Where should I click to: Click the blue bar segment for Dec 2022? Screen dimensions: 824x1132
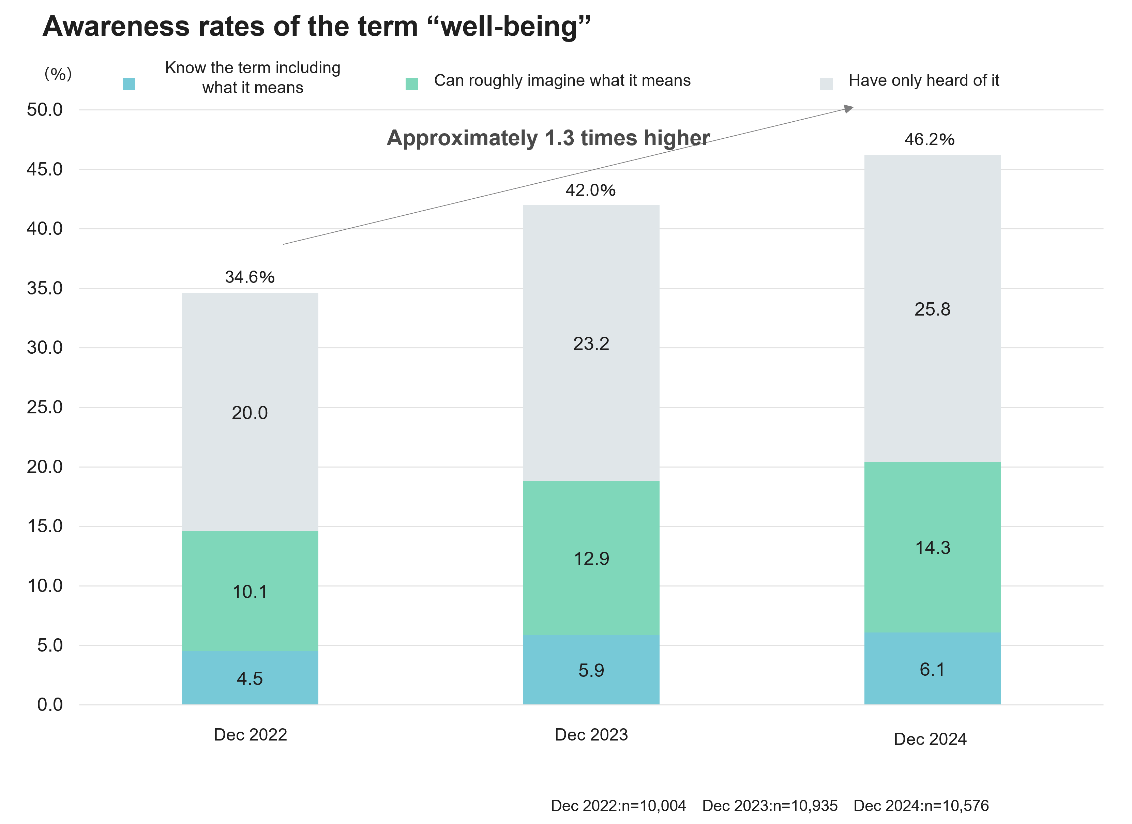click(x=250, y=678)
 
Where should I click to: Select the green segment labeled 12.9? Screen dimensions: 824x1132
click(x=591, y=558)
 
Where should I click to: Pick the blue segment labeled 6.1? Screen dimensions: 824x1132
click(x=932, y=669)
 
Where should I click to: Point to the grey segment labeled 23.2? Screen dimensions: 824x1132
click(x=591, y=344)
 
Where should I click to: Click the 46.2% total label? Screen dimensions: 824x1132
click(x=929, y=139)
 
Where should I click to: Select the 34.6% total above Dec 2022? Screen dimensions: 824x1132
click(x=250, y=277)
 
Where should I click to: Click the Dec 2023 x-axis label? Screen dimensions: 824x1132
click(x=591, y=734)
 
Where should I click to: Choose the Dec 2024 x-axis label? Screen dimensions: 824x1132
click(x=930, y=739)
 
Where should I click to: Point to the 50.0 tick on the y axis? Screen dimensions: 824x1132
click(x=45, y=110)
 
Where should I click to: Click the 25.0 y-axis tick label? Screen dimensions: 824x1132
click(x=45, y=407)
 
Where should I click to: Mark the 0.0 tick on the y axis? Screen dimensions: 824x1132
click(x=50, y=705)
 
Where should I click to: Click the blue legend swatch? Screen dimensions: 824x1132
click(x=129, y=84)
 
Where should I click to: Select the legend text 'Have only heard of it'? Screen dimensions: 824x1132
click(x=924, y=80)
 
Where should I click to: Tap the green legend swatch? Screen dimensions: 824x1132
click(x=412, y=84)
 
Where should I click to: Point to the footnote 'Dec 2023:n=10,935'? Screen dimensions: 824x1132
click(x=770, y=806)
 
